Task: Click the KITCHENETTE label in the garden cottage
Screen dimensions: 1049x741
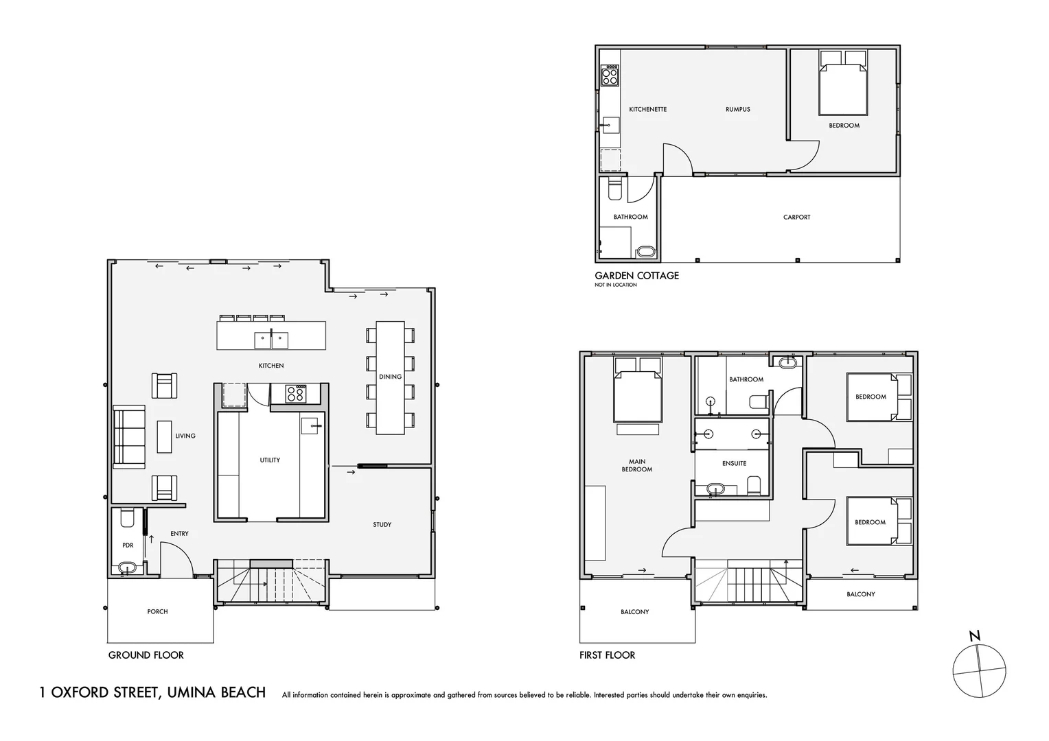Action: pyautogui.click(x=647, y=109)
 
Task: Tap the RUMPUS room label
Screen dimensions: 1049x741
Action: pyautogui.click(x=737, y=109)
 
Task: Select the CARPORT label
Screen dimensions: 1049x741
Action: pyautogui.click(x=796, y=217)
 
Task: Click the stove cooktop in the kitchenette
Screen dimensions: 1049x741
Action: pyautogui.click(x=610, y=76)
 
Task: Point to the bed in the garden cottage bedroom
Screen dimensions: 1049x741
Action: pyautogui.click(x=842, y=82)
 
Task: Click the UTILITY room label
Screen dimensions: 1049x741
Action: pyautogui.click(x=270, y=460)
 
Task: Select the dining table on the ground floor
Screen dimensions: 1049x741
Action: pyautogui.click(x=390, y=378)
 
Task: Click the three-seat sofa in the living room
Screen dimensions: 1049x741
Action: pyautogui.click(x=129, y=437)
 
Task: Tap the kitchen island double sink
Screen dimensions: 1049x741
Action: pyautogui.click(x=271, y=340)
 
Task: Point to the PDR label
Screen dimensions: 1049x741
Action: pyautogui.click(x=128, y=545)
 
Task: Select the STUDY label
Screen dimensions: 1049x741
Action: pyautogui.click(x=382, y=525)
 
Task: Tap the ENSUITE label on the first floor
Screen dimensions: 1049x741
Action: pyautogui.click(x=735, y=463)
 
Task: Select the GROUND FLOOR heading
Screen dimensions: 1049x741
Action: pyautogui.click(x=146, y=655)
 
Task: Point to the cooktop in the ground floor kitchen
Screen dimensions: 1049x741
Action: pyautogui.click(x=296, y=394)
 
